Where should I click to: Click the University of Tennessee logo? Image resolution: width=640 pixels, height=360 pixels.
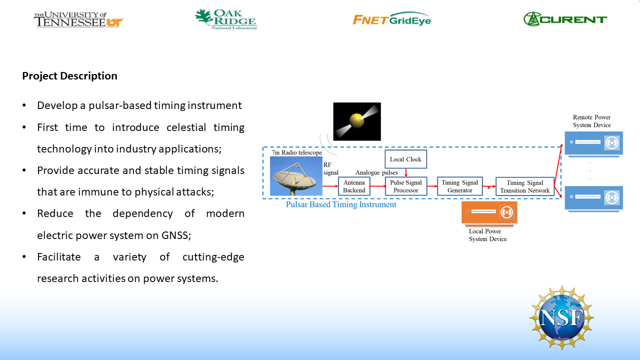tap(78, 19)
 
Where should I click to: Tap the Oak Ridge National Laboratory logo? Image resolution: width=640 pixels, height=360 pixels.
tap(226, 19)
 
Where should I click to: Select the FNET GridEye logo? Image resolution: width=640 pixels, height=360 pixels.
tap(391, 19)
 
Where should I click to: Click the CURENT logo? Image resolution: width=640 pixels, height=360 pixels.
tap(565, 19)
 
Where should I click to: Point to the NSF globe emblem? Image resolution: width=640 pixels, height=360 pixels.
tap(561, 317)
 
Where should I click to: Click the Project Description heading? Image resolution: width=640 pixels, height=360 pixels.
tap(69, 76)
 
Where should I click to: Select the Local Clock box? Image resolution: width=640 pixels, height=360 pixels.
tap(405, 159)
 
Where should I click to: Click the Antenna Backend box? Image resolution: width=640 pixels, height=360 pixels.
tap(354, 186)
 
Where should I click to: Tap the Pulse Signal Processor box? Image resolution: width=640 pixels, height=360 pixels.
tap(405, 186)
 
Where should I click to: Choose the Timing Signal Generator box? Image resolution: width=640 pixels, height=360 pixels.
tap(459, 186)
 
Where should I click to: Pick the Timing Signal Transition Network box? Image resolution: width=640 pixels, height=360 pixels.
tap(524, 186)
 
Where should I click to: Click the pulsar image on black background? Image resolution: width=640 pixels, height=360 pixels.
tap(357, 121)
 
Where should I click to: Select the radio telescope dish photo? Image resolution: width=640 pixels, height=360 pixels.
tap(296, 176)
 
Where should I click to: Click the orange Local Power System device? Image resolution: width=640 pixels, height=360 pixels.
tap(489, 212)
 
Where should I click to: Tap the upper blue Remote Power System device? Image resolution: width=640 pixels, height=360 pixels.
tap(593, 143)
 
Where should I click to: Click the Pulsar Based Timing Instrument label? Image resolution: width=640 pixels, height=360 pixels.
tap(341, 204)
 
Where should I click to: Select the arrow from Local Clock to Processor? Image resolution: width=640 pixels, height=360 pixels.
tap(406, 172)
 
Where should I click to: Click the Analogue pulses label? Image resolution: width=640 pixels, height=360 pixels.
tap(376, 173)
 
